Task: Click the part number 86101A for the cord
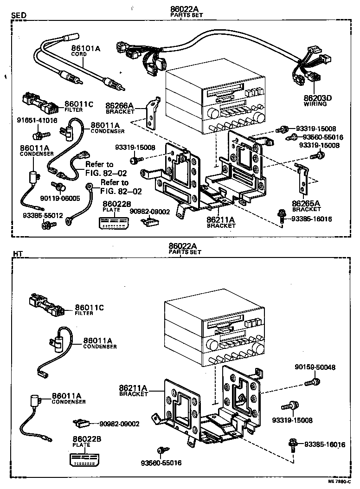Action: click(85, 48)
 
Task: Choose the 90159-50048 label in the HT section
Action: click(315, 367)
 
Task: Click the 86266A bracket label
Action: click(119, 106)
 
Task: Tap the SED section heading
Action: click(18, 15)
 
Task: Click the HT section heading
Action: click(17, 254)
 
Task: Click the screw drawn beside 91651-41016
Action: click(40, 135)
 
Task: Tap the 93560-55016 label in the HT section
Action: click(161, 463)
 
